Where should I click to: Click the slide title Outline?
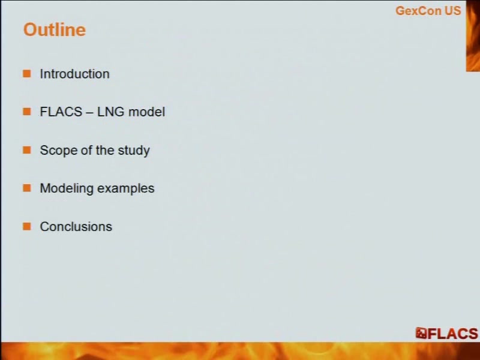55,29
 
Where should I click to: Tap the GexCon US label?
428,11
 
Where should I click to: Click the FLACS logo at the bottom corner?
446,334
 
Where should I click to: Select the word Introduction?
74,74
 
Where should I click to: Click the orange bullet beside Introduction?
27,73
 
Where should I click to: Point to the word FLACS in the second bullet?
61,112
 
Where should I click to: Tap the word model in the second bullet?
146,112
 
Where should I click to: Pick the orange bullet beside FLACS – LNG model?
27,112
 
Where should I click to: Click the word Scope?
58,150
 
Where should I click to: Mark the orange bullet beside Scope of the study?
27,149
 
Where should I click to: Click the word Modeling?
67,188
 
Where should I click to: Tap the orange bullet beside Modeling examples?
27,188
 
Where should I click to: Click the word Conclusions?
76,227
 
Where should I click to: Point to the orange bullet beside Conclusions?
27,226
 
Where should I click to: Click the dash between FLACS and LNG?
89,112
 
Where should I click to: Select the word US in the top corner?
453,11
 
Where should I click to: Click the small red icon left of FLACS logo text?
421,334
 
